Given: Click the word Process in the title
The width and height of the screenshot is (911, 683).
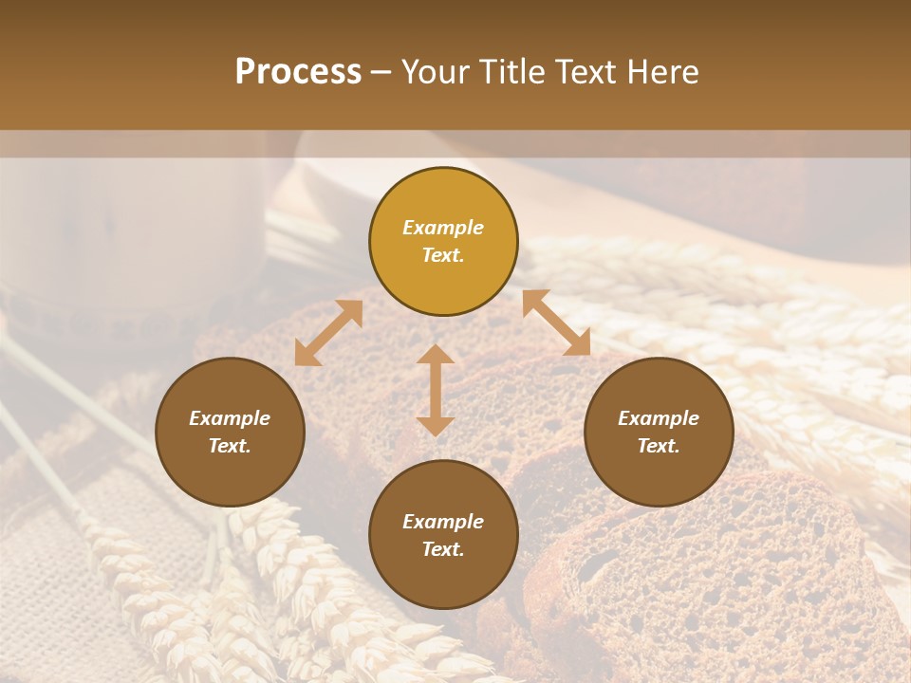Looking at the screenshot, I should pos(298,72).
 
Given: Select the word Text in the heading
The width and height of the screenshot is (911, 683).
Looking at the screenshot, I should pos(584,72).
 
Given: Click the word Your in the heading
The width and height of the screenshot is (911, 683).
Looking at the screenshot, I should pos(437,72).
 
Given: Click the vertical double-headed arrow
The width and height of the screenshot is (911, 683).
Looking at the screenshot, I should pos(436,390).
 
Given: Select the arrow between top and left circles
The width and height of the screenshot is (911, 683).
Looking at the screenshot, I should pos(328,333).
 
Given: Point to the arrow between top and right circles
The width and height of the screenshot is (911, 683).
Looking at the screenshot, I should pos(557,323).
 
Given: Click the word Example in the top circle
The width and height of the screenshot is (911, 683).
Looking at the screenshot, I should pos(443,228).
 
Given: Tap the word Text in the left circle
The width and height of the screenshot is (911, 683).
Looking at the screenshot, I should pos(230,447).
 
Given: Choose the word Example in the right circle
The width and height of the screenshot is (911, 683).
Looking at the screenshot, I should pos(659,418).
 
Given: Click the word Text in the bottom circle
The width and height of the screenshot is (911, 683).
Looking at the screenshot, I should pos(443,550).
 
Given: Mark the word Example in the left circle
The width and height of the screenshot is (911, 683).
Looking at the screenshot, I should pos(230,418).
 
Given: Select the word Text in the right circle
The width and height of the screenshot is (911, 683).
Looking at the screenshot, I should pos(659,447).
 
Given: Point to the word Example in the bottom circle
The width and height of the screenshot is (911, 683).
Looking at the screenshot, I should pos(443,522).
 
